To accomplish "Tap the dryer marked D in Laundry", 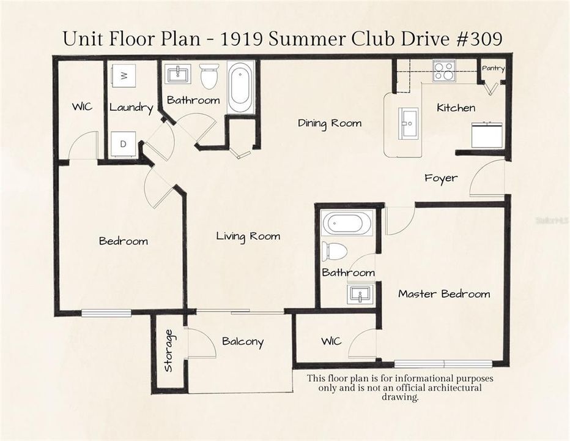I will [x=124, y=145].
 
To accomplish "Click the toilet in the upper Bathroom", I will [x=209, y=76].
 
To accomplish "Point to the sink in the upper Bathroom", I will [x=178, y=74].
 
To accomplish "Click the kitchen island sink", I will [x=408, y=123].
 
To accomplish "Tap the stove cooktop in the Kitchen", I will [x=443, y=71].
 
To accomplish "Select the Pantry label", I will [x=493, y=69].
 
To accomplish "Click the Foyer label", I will [x=441, y=178].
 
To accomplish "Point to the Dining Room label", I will [x=330, y=123].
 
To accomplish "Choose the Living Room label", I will [x=248, y=236].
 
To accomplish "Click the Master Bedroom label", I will [x=444, y=294].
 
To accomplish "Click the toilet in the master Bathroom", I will [x=335, y=251].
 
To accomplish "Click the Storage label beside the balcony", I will [x=169, y=350].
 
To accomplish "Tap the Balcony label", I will [x=243, y=342].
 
